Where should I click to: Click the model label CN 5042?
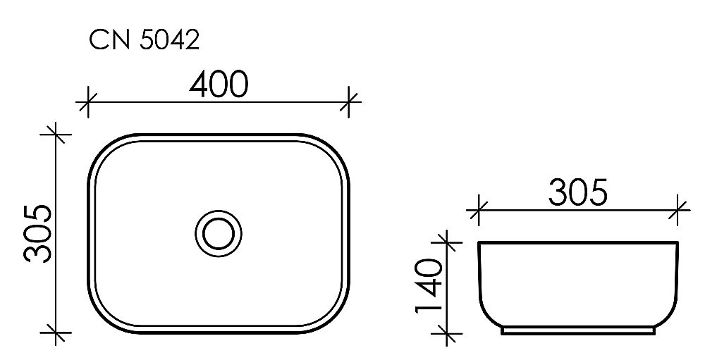pos(144,42)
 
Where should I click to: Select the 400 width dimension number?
pos(219,85)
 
